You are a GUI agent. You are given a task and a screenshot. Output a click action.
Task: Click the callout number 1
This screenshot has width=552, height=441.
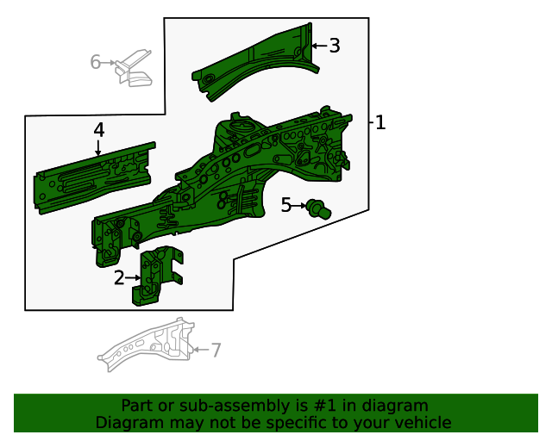coord(380,123)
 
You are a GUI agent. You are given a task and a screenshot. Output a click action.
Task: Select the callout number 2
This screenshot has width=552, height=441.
coord(119,277)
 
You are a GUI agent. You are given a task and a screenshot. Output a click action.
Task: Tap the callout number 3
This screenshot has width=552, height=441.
coord(335,46)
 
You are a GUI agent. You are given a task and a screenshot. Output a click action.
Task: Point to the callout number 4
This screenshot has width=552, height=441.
coord(99,130)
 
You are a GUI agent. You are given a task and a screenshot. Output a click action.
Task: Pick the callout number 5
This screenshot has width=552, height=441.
coord(286,205)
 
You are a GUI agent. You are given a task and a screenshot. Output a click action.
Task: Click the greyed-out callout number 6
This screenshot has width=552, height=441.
coord(96,62)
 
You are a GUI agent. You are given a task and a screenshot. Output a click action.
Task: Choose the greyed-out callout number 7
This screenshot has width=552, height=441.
coord(216,350)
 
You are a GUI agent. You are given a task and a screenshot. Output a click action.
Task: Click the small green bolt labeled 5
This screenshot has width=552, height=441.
coord(320,208)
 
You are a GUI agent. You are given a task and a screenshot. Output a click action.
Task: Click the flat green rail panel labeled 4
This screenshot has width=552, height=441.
coord(95,177)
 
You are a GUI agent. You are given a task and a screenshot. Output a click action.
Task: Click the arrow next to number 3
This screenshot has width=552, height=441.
coord(317,46)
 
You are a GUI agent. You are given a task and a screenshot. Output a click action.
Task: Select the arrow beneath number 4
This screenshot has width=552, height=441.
coord(98,149)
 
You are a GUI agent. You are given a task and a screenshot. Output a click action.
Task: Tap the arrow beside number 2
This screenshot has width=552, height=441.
coord(133,277)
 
